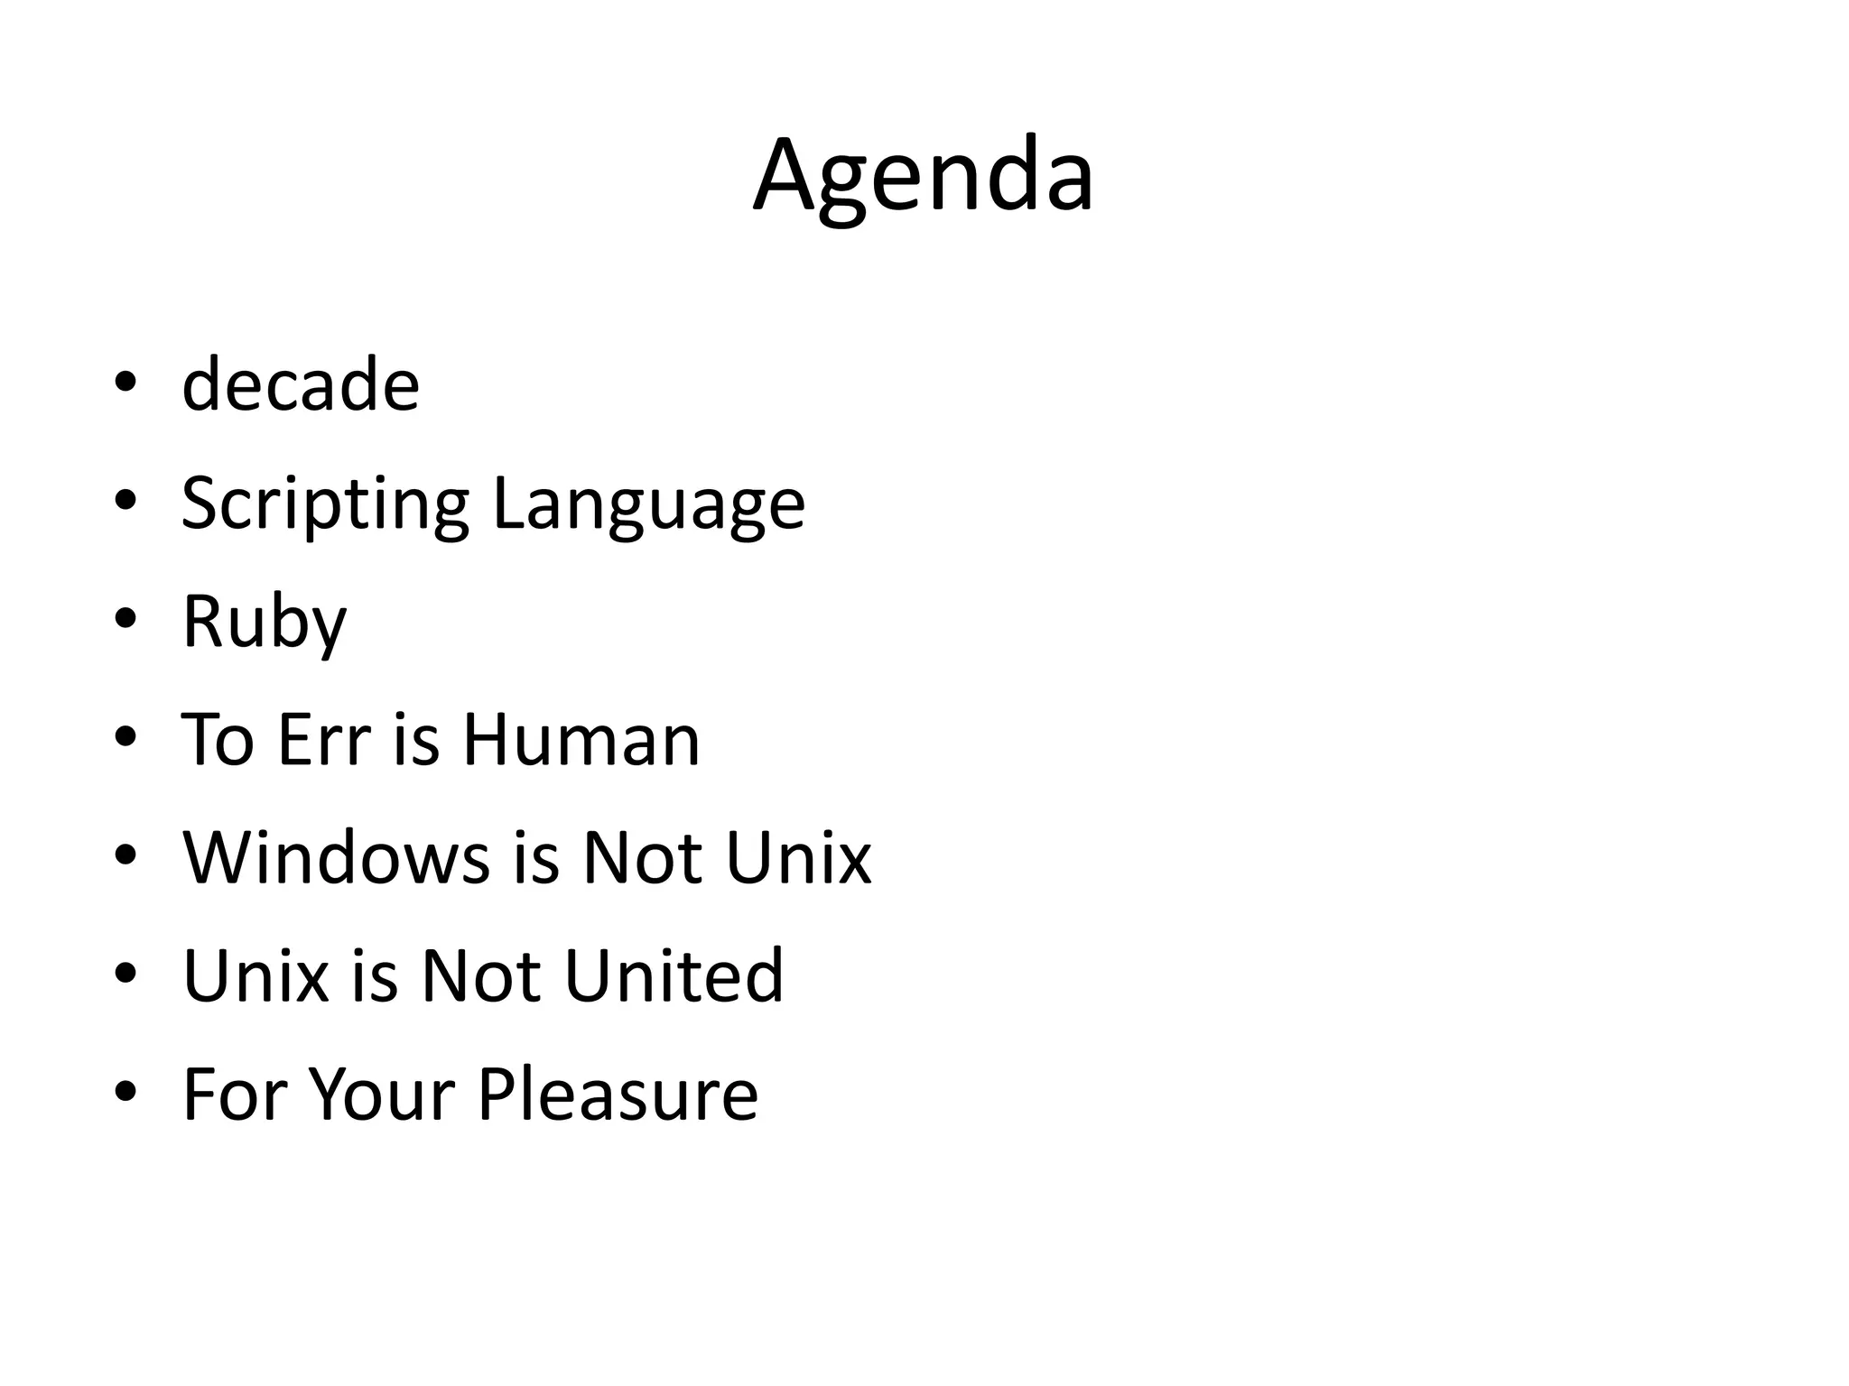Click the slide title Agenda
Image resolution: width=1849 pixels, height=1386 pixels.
click(x=924, y=176)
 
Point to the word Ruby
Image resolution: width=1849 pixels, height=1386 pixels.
click(x=265, y=623)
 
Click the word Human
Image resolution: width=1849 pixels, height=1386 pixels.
click(x=581, y=740)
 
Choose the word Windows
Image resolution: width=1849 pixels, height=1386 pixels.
click(x=336, y=857)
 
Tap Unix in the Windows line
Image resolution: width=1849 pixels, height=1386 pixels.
click(x=798, y=857)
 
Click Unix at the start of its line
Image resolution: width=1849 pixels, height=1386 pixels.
click(x=256, y=975)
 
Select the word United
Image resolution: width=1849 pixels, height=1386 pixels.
click(x=674, y=975)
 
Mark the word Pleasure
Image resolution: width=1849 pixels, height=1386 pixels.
click(x=618, y=1094)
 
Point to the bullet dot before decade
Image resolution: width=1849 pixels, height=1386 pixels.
click(x=125, y=383)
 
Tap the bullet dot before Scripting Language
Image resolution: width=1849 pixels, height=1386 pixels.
click(x=125, y=501)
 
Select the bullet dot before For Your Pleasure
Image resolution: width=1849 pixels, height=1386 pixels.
click(x=125, y=1092)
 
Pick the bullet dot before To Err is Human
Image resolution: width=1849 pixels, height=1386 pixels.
click(x=125, y=737)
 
